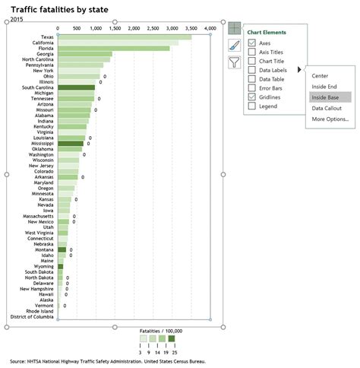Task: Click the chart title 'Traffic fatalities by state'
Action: point(59,8)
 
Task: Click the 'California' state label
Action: point(37,43)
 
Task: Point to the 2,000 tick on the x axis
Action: point(134,27)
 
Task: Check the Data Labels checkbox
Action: point(252,70)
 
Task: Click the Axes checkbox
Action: point(252,43)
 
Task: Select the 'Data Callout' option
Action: point(326,109)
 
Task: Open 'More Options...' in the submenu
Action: point(329,119)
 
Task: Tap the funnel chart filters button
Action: point(234,63)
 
